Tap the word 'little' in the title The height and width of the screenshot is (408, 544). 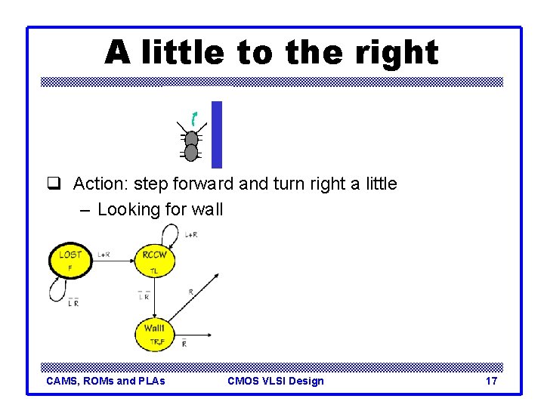coord(181,53)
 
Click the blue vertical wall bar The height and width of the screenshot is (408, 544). coord(217,134)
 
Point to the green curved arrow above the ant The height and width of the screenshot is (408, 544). coord(194,118)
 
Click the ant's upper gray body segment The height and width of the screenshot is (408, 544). coord(192,139)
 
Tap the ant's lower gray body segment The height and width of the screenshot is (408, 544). coord(192,153)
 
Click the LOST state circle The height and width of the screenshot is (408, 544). coord(70,260)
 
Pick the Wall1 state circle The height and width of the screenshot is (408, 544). coord(154,334)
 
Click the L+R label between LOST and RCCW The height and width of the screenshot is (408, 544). coord(105,255)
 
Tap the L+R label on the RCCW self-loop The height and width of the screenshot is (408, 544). coord(191,235)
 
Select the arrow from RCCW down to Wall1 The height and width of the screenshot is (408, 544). coord(154,298)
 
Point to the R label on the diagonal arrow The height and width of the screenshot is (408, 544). coord(190,291)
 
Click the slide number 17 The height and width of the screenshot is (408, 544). coord(491,381)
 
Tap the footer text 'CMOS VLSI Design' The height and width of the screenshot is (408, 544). coord(275,381)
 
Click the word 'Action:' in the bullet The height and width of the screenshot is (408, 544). coord(101,184)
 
